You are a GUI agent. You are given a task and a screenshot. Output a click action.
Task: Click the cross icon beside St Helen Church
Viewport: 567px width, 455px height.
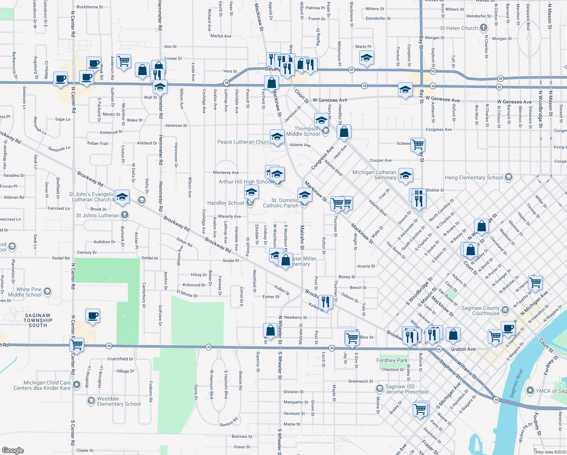tap(483, 28)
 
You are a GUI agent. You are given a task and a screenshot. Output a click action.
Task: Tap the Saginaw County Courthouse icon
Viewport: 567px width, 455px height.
tap(505, 310)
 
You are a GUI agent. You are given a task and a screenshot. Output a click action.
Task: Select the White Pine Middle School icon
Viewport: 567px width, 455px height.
tap(47, 292)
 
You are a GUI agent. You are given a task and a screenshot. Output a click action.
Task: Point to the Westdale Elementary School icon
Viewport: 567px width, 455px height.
tap(91, 401)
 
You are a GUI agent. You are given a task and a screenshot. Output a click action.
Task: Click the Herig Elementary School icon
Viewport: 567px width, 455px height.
tap(509, 177)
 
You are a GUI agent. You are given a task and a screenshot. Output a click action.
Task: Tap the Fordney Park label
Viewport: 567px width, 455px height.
tap(392, 360)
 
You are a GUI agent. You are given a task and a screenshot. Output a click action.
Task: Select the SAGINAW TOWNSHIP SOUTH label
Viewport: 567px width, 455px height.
tap(38, 320)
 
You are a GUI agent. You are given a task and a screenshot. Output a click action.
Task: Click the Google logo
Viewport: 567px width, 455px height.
tap(13, 450)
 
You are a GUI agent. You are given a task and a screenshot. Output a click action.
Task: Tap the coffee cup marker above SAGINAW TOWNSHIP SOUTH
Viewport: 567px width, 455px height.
tap(93, 315)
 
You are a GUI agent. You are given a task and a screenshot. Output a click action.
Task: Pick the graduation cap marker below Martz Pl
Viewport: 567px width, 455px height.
tap(367, 58)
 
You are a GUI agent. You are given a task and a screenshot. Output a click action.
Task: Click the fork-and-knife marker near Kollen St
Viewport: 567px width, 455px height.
tap(325, 301)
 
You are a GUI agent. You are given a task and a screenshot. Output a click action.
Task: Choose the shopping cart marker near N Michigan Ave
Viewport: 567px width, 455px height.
tap(536, 282)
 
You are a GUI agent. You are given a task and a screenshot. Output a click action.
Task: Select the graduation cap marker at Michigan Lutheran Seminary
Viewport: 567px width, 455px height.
tap(405, 175)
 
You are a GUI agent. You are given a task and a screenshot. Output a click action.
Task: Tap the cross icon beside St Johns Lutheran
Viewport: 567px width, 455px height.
tap(124, 215)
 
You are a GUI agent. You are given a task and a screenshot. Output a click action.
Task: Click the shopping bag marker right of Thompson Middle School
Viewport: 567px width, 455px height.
tap(344, 132)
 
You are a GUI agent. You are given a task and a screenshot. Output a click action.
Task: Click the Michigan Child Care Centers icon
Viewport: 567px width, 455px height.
tap(77, 385)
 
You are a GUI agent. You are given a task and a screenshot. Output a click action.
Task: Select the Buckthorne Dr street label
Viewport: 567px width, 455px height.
tap(90, 7)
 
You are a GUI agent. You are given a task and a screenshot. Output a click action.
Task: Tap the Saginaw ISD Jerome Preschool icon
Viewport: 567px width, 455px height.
tap(379, 389)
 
